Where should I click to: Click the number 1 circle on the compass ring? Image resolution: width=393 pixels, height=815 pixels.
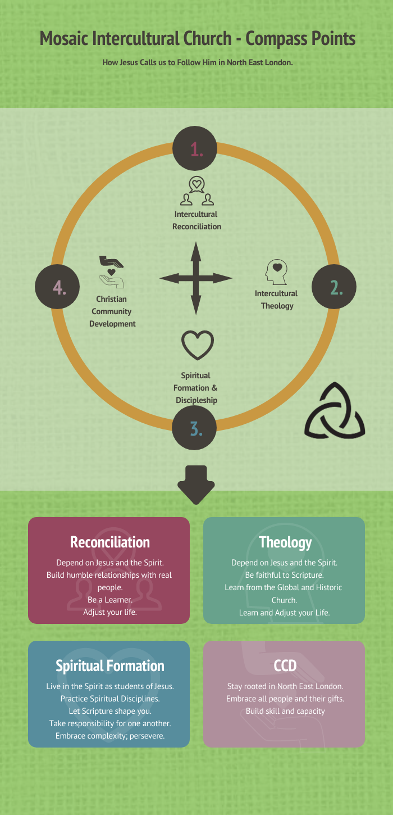[196, 148]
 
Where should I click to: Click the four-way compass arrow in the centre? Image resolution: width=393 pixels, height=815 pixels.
[196, 278]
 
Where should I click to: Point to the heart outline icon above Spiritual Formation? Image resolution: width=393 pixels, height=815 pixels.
[197, 345]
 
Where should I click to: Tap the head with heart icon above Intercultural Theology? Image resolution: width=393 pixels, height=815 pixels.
[276, 273]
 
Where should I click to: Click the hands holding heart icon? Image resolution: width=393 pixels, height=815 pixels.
[112, 272]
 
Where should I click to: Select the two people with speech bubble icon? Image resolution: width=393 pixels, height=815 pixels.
[196, 191]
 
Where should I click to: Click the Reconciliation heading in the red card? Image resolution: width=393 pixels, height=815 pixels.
[110, 542]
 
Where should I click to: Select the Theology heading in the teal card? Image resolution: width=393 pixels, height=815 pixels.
[285, 542]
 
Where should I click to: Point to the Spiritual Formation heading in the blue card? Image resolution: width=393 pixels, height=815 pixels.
[110, 666]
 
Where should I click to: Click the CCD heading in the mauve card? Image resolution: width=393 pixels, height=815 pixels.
[285, 666]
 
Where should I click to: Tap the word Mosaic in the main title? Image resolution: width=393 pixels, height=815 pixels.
[64, 39]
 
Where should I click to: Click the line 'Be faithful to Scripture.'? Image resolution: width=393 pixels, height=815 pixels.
[285, 575]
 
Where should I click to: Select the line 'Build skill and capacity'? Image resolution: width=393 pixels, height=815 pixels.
[285, 711]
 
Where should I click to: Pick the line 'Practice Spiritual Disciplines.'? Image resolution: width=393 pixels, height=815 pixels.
[110, 699]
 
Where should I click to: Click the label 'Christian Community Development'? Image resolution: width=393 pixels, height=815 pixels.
[112, 311]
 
